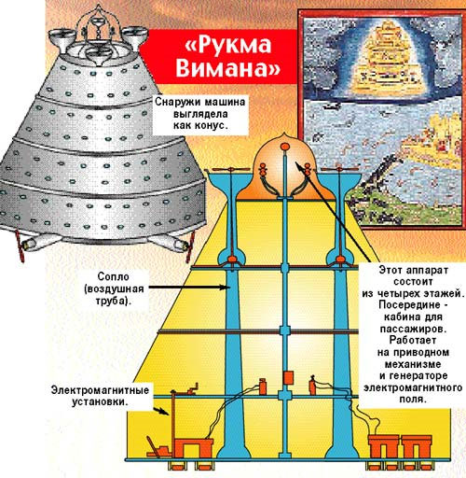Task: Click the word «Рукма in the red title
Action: (x=228, y=45)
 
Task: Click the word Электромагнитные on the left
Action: (x=100, y=390)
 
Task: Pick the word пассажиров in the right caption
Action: (x=413, y=329)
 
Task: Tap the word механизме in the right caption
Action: (x=413, y=364)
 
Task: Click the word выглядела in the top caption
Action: (x=200, y=114)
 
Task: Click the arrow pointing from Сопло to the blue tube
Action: (x=189, y=288)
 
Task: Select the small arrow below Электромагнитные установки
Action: (x=161, y=411)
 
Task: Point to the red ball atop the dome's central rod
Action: (x=284, y=146)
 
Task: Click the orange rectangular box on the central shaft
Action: (x=288, y=377)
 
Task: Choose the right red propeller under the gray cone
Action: (x=190, y=246)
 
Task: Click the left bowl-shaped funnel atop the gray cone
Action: (x=62, y=38)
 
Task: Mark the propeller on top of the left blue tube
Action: (x=230, y=170)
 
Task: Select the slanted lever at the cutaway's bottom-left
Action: (x=152, y=445)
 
